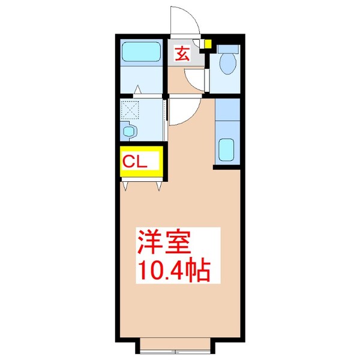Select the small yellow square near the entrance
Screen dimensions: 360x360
(207, 43)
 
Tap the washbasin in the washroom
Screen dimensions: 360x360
(128, 130)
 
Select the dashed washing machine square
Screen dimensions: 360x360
(130, 110)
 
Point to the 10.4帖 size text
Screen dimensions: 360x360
(174, 271)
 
